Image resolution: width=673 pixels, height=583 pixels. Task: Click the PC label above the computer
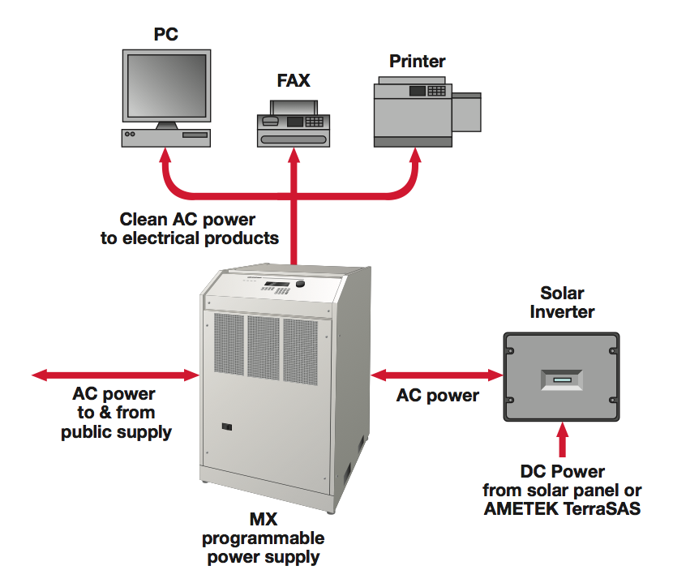tap(165, 34)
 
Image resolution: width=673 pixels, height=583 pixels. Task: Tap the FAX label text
tap(293, 81)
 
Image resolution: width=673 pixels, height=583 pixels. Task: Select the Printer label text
tap(417, 62)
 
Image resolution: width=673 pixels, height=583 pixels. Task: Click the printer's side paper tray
tap(466, 113)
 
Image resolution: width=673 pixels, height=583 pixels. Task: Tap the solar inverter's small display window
tap(561, 379)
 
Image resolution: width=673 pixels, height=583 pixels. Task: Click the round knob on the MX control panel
tap(302, 285)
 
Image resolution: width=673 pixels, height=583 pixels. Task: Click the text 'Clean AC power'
tap(187, 219)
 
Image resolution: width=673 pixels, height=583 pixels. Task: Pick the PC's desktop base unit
tap(166, 137)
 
